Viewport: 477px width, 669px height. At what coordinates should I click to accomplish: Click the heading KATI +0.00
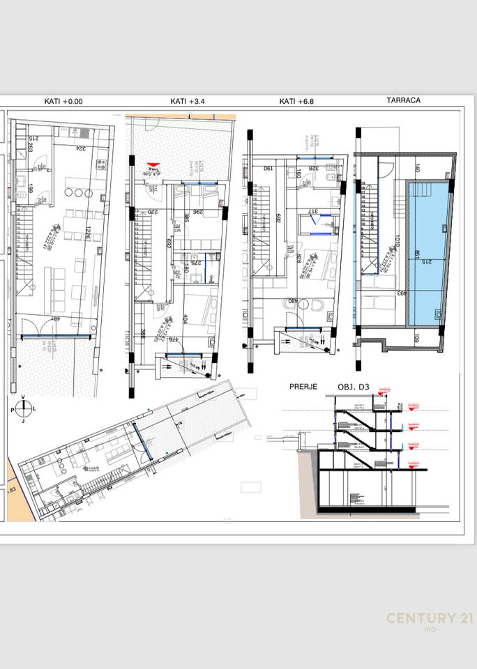pyautogui.click(x=63, y=101)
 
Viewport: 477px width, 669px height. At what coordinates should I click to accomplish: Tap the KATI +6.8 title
pyautogui.click(x=296, y=101)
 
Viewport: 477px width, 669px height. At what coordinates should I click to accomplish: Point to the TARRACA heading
pyautogui.click(x=403, y=100)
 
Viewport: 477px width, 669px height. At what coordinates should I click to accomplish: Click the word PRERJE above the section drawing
pyautogui.click(x=303, y=387)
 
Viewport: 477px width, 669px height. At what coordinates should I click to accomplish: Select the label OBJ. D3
pyautogui.click(x=352, y=387)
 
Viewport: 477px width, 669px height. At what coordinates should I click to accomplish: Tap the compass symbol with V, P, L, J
pyautogui.click(x=23, y=408)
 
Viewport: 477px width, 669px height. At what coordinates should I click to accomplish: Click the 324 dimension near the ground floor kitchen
pyautogui.click(x=82, y=148)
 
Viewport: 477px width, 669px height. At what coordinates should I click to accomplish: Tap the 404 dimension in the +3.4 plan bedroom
pyautogui.click(x=185, y=319)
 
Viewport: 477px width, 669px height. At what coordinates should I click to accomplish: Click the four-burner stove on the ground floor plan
pyautogui.click(x=100, y=165)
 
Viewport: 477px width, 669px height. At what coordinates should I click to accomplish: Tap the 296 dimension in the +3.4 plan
pyautogui.click(x=197, y=213)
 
